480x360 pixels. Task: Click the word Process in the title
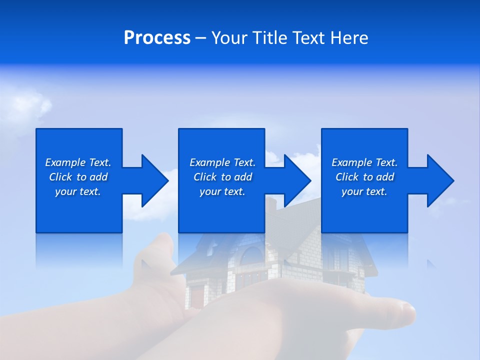pyautogui.click(x=157, y=38)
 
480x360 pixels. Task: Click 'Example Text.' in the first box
pyautogui.click(x=78, y=162)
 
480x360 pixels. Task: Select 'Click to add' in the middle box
pyautogui.click(x=222, y=177)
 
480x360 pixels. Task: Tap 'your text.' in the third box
pyautogui.click(x=364, y=191)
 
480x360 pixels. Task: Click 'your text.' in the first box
pyautogui.click(x=78, y=191)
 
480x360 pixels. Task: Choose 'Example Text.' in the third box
pyautogui.click(x=364, y=162)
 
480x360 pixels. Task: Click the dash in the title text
pyautogui.click(x=200, y=38)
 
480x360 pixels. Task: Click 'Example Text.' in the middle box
pyautogui.click(x=222, y=162)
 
